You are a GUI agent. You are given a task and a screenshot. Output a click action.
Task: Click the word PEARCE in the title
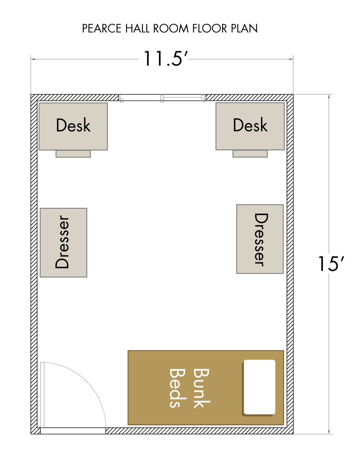pyautogui.click(x=102, y=28)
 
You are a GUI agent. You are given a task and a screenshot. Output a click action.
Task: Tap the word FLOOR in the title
pyautogui.click(x=210, y=28)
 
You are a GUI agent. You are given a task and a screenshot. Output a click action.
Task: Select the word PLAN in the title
pyautogui.click(x=244, y=28)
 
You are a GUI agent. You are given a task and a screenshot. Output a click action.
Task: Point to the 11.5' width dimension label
pyautogui.click(x=165, y=58)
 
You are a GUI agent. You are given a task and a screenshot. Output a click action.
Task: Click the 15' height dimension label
pyautogui.click(x=331, y=263)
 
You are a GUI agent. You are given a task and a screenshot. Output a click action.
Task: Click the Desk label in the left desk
pyautogui.click(x=73, y=125)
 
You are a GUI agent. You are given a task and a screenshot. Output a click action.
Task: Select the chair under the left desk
pyautogui.click(x=73, y=154)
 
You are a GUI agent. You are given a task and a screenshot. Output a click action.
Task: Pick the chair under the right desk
pyautogui.click(x=250, y=154)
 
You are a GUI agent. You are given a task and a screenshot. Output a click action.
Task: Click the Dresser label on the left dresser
pyautogui.click(x=62, y=242)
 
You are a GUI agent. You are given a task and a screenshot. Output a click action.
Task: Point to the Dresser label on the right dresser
pyautogui.click(x=261, y=240)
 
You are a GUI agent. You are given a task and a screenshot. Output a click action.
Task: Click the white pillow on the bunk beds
pyautogui.click(x=259, y=388)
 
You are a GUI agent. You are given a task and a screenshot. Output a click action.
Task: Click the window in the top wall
pyautogui.click(x=162, y=98)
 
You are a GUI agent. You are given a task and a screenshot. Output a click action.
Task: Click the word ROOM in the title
pyautogui.click(x=171, y=28)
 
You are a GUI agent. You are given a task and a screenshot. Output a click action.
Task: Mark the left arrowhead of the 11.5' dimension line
pyautogui.click(x=33, y=59)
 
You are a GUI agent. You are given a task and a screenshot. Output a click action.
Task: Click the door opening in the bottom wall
pyautogui.click(x=73, y=431)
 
